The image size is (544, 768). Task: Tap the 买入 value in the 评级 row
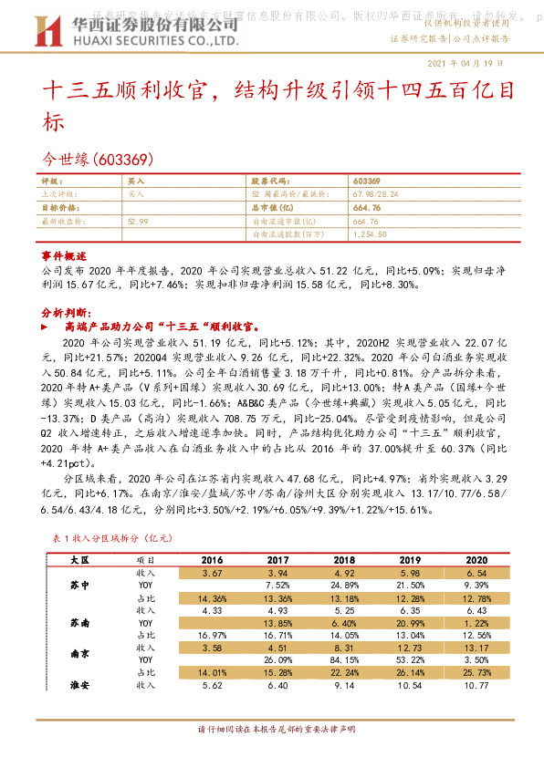[x=135, y=182]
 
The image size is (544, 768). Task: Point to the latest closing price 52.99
[x=138, y=221]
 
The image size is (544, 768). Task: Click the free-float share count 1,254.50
[x=369, y=234]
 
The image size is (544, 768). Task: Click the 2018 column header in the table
[x=345, y=559]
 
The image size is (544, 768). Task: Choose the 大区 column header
[x=80, y=559]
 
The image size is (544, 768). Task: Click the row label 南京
[x=80, y=654]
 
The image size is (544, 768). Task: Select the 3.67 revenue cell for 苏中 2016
[x=214, y=572]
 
